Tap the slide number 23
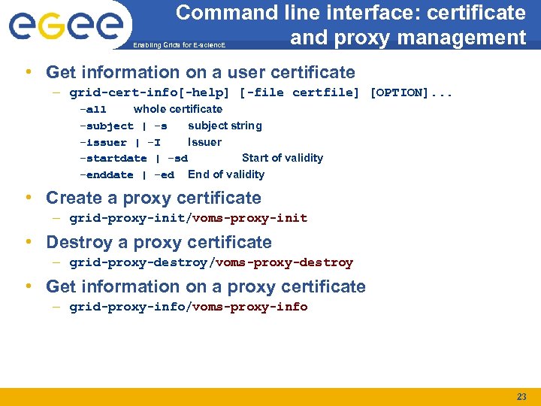click(521, 396)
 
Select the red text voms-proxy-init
click(250, 218)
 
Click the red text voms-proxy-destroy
click(284, 262)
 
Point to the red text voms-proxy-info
click(250, 307)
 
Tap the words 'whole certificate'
click(178, 109)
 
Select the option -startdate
click(113, 159)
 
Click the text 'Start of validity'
click(283, 158)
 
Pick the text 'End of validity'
click(226, 174)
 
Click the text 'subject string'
click(225, 126)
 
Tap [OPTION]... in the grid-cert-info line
click(412, 92)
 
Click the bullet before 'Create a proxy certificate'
click(28, 198)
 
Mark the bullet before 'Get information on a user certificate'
click(28, 72)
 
